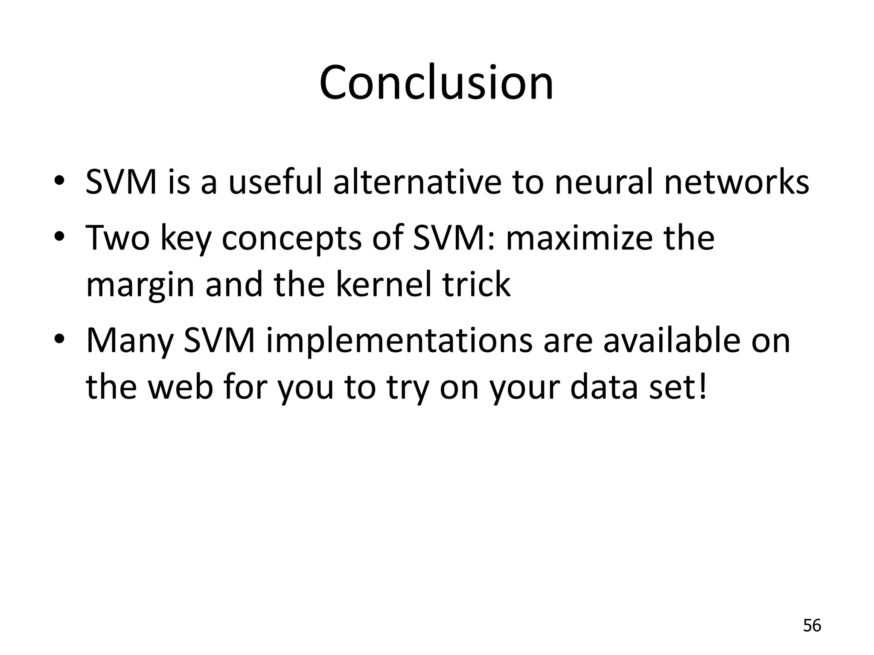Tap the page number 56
812,626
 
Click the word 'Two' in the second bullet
118,237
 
